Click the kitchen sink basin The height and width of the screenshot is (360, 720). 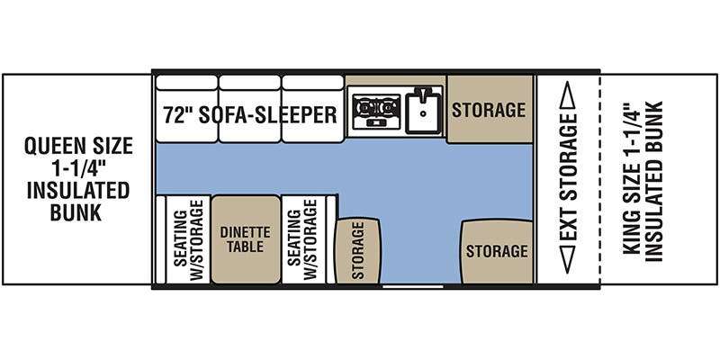click(x=423, y=111)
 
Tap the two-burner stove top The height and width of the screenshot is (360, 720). click(x=376, y=111)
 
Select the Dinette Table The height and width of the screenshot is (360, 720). click(x=246, y=239)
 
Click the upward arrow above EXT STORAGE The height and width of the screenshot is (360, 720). click(x=568, y=95)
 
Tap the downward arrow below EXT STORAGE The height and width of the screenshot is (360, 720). click(x=568, y=259)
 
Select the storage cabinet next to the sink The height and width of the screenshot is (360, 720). click(x=490, y=109)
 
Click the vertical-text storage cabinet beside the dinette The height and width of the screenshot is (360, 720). click(x=357, y=251)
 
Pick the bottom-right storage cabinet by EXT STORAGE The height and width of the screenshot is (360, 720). click(x=497, y=252)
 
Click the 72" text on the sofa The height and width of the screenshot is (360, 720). click(x=178, y=114)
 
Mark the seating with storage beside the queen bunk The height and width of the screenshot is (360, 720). click(x=188, y=239)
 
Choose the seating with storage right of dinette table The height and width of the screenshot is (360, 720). click(x=302, y=239)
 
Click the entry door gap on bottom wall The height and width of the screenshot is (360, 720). click(x=413, y=286)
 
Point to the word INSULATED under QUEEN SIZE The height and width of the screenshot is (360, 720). click(x=77, y=191)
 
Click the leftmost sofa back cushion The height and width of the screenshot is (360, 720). click(x=186, y=83)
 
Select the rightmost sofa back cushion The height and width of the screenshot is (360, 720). click(x=312, y=83)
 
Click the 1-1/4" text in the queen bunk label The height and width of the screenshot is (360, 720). click(x=78, y=168)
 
